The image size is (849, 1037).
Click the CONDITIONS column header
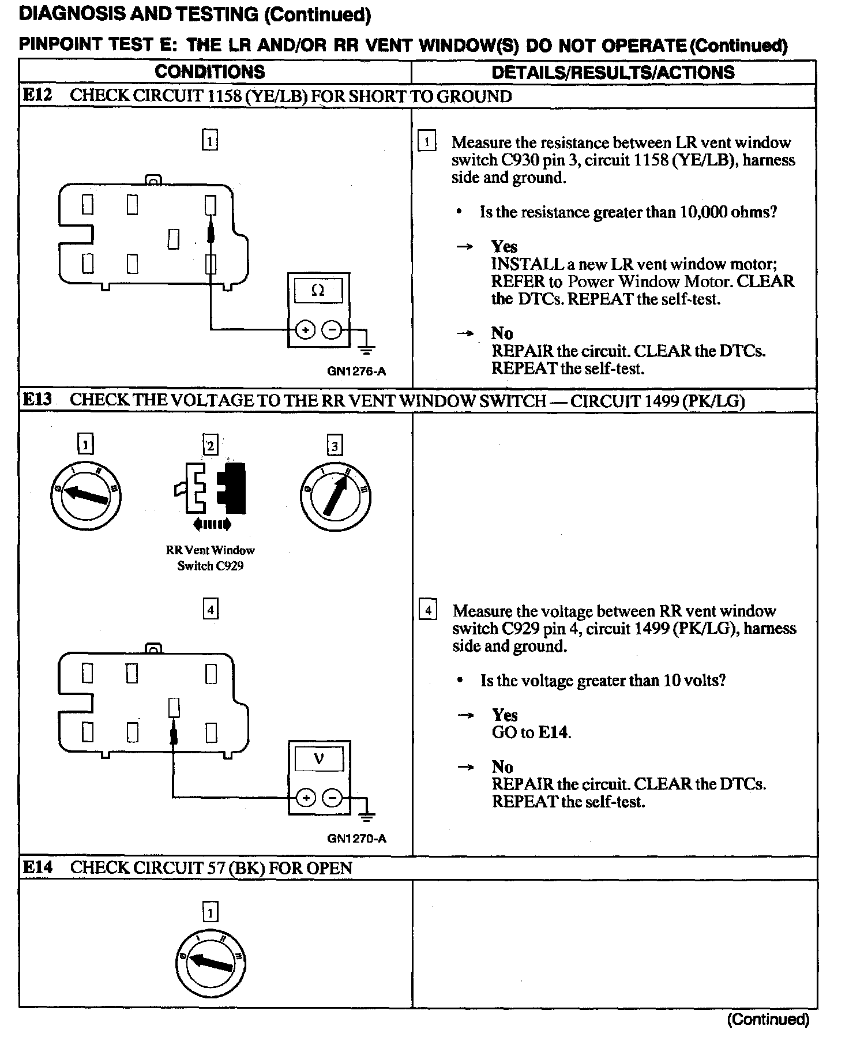pos(209,72)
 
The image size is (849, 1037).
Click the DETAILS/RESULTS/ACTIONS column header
pos(613,72)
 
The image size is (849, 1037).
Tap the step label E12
pos(37,95)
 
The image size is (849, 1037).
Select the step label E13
pos(37,400)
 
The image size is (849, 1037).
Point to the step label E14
pos(37,867)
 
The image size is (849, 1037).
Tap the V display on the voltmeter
pos(318,759)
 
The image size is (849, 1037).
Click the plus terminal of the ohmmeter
pos(305,330)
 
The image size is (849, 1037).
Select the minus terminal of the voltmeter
pos(332,798)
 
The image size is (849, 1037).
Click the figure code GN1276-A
pos(356,371)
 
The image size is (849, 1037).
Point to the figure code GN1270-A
pos(356,839)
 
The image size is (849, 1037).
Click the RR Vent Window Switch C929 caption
pos(210,558)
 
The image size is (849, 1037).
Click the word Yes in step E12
pos(504,247)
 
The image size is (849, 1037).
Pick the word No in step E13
pos(502,767)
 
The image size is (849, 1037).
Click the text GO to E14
pos(531,732)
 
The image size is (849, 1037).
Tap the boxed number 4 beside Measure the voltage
pos(427,610)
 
